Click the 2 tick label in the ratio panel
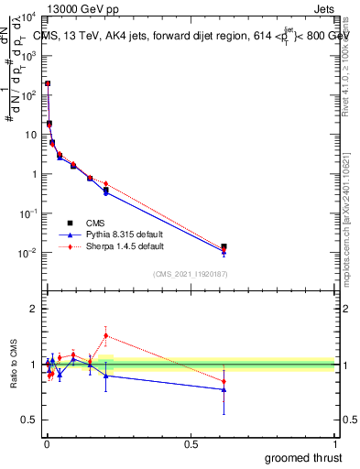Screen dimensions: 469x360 [x=34, y=309]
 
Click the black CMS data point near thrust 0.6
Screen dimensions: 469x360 [x=224, y=247]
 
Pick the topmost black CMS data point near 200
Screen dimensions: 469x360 [x=48, y=83]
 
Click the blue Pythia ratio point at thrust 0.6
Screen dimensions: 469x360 [x=224, y=389]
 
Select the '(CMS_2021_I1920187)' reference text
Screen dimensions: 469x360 [x=189, y=274]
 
